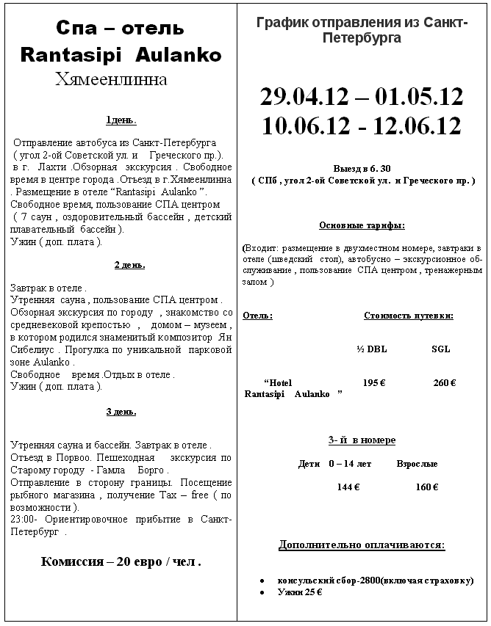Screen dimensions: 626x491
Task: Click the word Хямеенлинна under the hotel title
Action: click(x=111, y=79)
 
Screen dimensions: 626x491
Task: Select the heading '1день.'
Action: click(x=121, y=120)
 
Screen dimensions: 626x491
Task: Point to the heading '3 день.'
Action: click(x=121, y=412)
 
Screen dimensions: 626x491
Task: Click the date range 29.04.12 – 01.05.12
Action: click(x=362, y=96)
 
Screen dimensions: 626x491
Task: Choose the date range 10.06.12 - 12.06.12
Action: click(x=362, y=125)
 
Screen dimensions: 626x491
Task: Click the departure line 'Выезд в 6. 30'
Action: click(x=362, y=167)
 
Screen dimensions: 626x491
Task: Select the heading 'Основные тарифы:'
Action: click(x=362, y=225)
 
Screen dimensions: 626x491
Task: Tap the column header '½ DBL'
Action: click(x=371, y=349)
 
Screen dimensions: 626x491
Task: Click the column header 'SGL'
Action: click(x=440, y=349)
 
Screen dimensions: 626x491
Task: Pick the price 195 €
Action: click(x=375, y=382)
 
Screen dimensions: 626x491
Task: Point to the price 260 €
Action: click(x=445, y=382)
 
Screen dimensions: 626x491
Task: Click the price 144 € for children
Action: click(x=348, y=487)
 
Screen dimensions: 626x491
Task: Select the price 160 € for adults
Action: click(x=427, y=487)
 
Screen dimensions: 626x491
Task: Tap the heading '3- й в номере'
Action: click(x=362, y=440)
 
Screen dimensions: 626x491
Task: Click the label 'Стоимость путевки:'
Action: click(x=408, y=316)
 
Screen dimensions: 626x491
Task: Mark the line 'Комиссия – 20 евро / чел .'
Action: click(x=121, y=562)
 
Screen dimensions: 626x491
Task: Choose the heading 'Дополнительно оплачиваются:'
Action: click(x=362, y=545)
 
